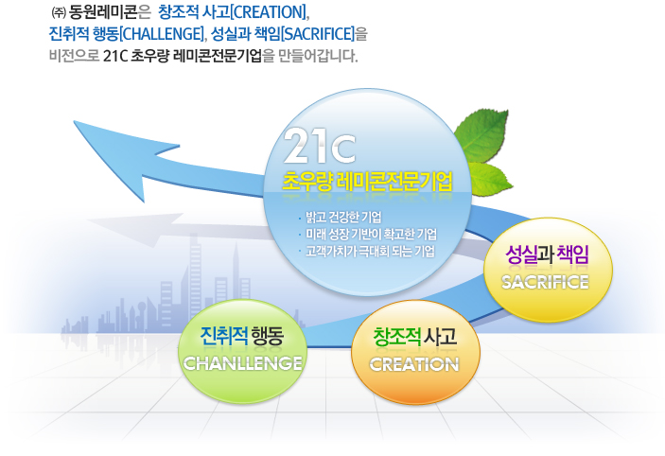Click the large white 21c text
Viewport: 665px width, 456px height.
click(319, 146)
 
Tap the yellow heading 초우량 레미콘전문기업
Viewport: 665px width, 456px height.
click(367, 182)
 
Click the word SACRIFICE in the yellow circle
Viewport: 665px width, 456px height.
click(545, 282)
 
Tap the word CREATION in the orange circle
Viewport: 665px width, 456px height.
click(414, 364)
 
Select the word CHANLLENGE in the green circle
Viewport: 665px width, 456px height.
click(243, 363)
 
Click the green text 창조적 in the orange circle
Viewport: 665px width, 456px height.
click(396, 337)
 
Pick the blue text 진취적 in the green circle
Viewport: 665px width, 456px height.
click(224, 336)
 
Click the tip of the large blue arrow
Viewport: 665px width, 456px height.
click(74, 122)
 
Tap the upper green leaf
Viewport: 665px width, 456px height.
click(481, 136)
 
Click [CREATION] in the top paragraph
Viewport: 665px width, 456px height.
click(269, 12)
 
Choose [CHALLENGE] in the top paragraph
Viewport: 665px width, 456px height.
click(162, 34)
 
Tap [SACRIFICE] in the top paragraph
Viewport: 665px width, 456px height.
click(318, 34)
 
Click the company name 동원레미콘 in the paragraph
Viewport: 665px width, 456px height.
click(102, 12)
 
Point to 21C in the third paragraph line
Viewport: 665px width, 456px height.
click(115, 56)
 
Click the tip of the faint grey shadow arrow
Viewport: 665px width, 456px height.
click(87, 220)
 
